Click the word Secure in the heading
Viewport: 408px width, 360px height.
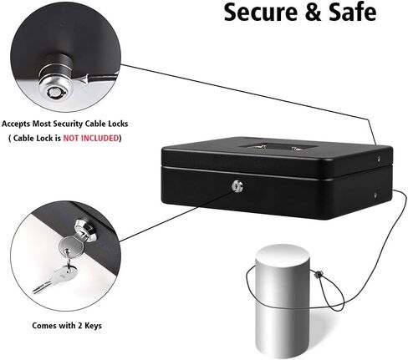coord(261,13)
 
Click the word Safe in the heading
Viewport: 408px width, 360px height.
coord(353,13)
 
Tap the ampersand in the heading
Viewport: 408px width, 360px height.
coord(314,13)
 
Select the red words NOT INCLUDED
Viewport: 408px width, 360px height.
coord(91,138)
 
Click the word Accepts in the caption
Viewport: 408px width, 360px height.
coord(16,124)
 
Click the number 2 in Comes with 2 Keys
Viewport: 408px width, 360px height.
coord(80,326)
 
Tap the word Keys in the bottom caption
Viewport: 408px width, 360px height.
coord(93,326)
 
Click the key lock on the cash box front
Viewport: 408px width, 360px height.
coord(237,186)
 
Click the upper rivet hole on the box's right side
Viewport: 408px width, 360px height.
coord(379,160)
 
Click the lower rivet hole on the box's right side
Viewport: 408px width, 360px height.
coord(375,195)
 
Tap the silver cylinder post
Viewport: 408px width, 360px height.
coord(283,300)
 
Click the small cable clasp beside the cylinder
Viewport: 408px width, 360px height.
coord(318,274)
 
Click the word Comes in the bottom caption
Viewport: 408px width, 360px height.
coord(44,326)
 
